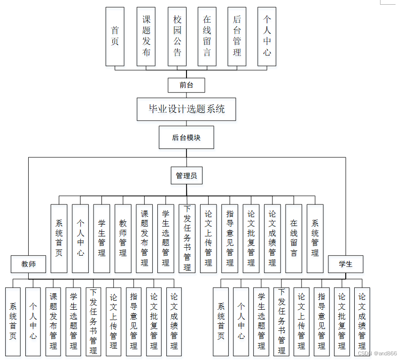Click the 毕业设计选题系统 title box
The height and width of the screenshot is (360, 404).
[186, 109]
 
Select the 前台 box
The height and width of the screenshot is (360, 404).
[186, 85]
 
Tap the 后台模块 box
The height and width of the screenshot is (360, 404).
[186, 137]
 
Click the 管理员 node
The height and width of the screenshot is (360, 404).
[186, 176]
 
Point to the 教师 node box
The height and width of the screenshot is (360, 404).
[29, 264]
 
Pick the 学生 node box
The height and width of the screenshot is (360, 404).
[346, 264]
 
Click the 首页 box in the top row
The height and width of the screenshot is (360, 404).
[115, 36]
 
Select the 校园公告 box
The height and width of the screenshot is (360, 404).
[177, 36]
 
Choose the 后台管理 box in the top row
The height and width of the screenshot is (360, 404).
[237, 36]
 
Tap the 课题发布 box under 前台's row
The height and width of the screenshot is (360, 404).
[146, 36]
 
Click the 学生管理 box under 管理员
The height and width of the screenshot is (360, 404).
[102, 238]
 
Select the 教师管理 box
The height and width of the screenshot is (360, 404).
[123, 238]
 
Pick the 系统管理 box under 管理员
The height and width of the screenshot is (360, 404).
[315, 238]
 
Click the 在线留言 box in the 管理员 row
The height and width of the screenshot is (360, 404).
[294, 238]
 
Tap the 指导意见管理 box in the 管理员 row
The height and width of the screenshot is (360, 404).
[230, 238]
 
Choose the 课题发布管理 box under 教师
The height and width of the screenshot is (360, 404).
[53, 321]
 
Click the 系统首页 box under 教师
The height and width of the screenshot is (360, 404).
[13, 321]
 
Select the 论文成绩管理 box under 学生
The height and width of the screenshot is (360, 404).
[362, 321]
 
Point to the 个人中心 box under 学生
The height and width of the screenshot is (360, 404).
[241, 321]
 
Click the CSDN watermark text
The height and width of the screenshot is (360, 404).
[377, 353]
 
